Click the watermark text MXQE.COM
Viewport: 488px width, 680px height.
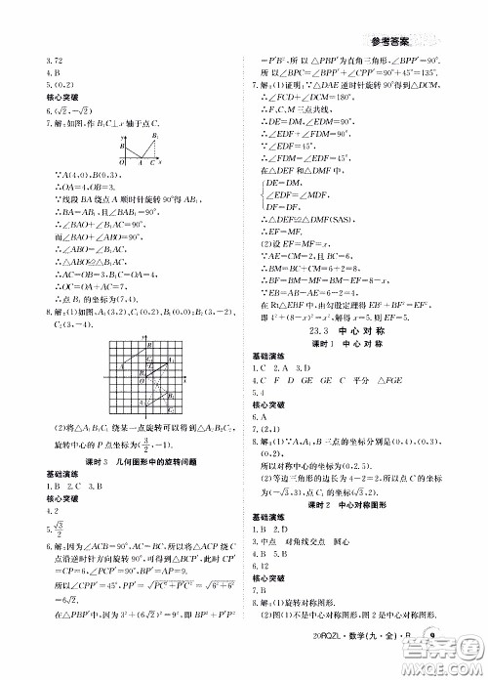coord(444,667)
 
